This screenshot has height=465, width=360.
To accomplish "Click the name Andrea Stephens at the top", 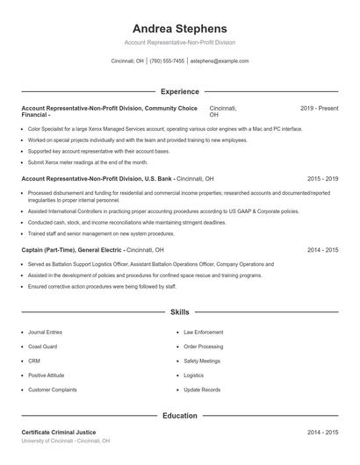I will [x=179, y=28].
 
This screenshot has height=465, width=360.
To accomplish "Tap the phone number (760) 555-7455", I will [x=167, y=61].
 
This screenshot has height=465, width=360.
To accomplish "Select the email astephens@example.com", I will [x=220, y=61].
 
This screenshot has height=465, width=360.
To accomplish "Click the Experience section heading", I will [x=179, y=91].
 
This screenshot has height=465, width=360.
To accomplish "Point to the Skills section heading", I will [x=179, y=312].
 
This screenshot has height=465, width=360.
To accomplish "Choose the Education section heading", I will [x=179, y=416].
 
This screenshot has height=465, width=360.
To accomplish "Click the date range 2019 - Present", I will [x=319, y=108].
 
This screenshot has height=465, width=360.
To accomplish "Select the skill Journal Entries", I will [x=45, y=333].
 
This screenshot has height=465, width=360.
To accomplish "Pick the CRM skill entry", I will [x=33, y=361].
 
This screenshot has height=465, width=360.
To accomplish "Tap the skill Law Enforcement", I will [x=203, y=333].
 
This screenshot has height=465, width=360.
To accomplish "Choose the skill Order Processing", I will [x=203, y=347].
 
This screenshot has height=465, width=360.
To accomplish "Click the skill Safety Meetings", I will [x=202, y=361].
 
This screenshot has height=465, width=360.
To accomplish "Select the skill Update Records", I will [x=202, y=389].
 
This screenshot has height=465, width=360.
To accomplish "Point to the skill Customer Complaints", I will [x=52, y=389].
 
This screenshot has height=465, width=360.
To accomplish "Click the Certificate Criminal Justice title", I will [x=59, y=433].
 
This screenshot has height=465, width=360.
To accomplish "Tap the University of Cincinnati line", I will [x=66, y=440].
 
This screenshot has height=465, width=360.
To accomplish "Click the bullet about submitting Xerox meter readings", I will [x=88, y=162].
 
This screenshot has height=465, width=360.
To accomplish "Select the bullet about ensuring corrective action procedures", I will [x=102, y=286].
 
